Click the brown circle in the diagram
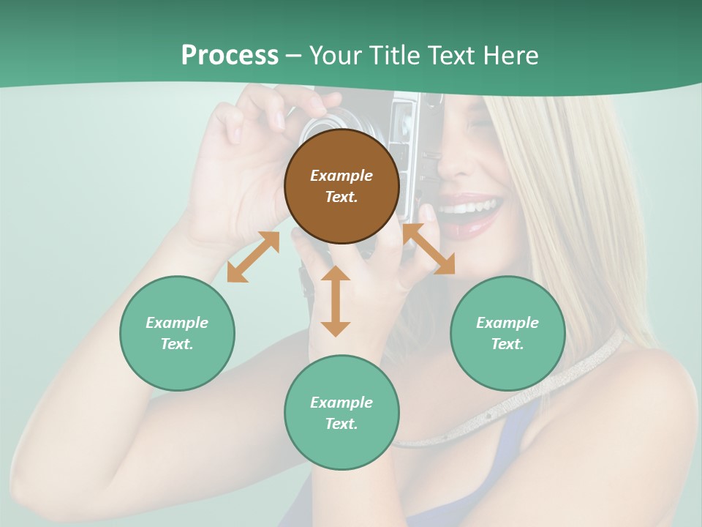(x=341, y=186)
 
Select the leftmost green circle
(x=177, y=333)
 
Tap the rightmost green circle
(x=507, y=333)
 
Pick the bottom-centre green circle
(x=341, y=413)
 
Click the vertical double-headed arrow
(x=336, y=301)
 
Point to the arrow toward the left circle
(x=253, y=257)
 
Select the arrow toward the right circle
(x=429, y=249)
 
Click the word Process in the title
(x=230, y=55)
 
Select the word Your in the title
(x=335, y=55)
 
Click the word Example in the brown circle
(x=341, y=176)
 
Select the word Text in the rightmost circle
(x=506, y=344)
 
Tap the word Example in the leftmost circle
(x=177, y=323)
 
